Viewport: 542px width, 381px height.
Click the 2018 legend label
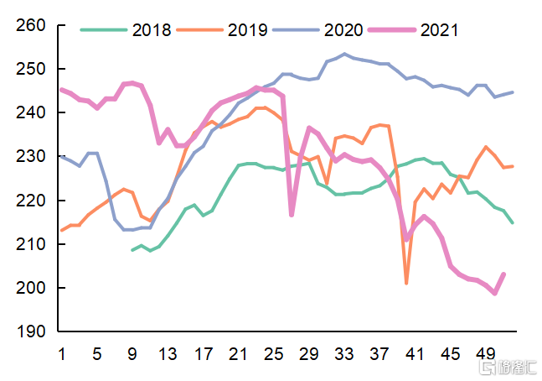pos(152,30)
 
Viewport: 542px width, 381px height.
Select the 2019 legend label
pos(247,30)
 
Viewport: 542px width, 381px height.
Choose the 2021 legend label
pos(439,30)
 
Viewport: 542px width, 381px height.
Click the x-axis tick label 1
pos(61,354)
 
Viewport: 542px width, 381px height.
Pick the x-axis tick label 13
pos(168,354)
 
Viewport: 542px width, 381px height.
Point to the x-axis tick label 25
pos(274,354)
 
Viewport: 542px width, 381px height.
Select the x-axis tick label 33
pos(344,354)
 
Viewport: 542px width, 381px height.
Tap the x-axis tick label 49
pos(486,354)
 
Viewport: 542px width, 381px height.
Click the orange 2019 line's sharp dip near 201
pos(406,283)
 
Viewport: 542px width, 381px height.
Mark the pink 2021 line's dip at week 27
pos(292,215)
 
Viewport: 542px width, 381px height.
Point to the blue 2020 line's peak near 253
pos(344,55)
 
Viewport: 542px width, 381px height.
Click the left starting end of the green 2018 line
pos(132,250)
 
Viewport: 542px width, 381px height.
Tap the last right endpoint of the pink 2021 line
pos(503,274)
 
